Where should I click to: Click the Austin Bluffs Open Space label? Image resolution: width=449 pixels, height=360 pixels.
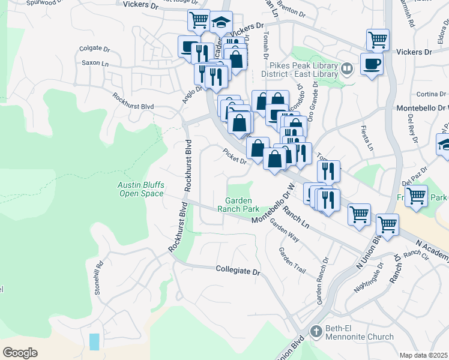tap(140, 189)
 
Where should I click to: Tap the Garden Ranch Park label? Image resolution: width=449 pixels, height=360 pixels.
tap(242, 205)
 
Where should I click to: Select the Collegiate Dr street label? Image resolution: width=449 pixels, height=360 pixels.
tap(238, 271)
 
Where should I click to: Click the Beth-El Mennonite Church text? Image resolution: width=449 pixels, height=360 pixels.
tap(360, 332)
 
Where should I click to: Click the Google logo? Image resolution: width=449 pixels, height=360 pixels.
tap(20, 352)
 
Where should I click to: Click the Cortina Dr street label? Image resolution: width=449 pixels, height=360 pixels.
tap(431, 94)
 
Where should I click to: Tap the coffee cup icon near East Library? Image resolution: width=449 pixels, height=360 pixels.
tap(372, 63)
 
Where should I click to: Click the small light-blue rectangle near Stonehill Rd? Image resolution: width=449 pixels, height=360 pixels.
tap(95, 342)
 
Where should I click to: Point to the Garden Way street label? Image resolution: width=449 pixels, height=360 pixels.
tap(285, 230)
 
